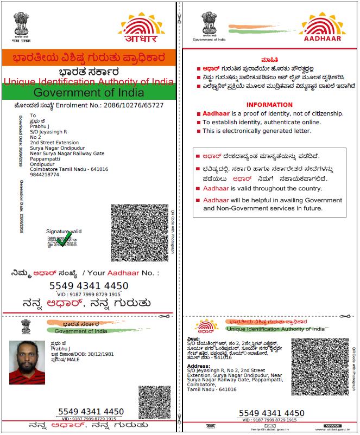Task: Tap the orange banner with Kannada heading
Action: [89, 56]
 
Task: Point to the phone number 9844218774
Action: [45, 175]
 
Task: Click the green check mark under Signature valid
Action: [64, 239]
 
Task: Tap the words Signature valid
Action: [64, 232]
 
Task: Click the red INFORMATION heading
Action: [269, 105]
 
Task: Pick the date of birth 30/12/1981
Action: [91, 355]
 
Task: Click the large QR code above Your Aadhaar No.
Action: [140, 233]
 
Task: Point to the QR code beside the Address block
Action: [312, 366]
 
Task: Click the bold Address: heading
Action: [199, 366]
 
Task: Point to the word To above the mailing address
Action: [33, 116]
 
